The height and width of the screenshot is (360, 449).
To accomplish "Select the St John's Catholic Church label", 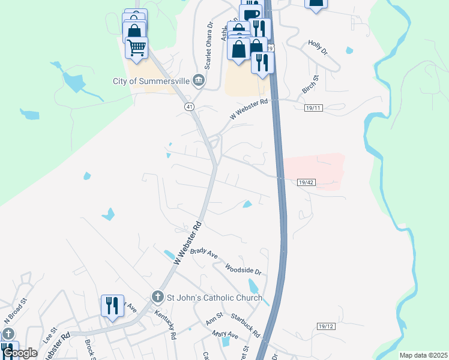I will [214, 298].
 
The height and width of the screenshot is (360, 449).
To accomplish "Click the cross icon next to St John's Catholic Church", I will [157, 297].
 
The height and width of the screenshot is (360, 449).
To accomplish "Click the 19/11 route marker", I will [313, 108].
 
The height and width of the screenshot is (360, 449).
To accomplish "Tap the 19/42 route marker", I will [306, 181].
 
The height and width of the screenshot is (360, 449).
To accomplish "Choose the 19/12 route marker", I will [325, 326].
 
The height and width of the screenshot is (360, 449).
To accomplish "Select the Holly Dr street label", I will [318, 47].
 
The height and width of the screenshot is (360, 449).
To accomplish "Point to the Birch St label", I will [310, 85].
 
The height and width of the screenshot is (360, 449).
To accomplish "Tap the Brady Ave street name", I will [204, 253].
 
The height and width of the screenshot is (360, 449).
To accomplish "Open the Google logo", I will [20, 353].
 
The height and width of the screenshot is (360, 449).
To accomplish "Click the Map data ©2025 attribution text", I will [423, 355].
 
